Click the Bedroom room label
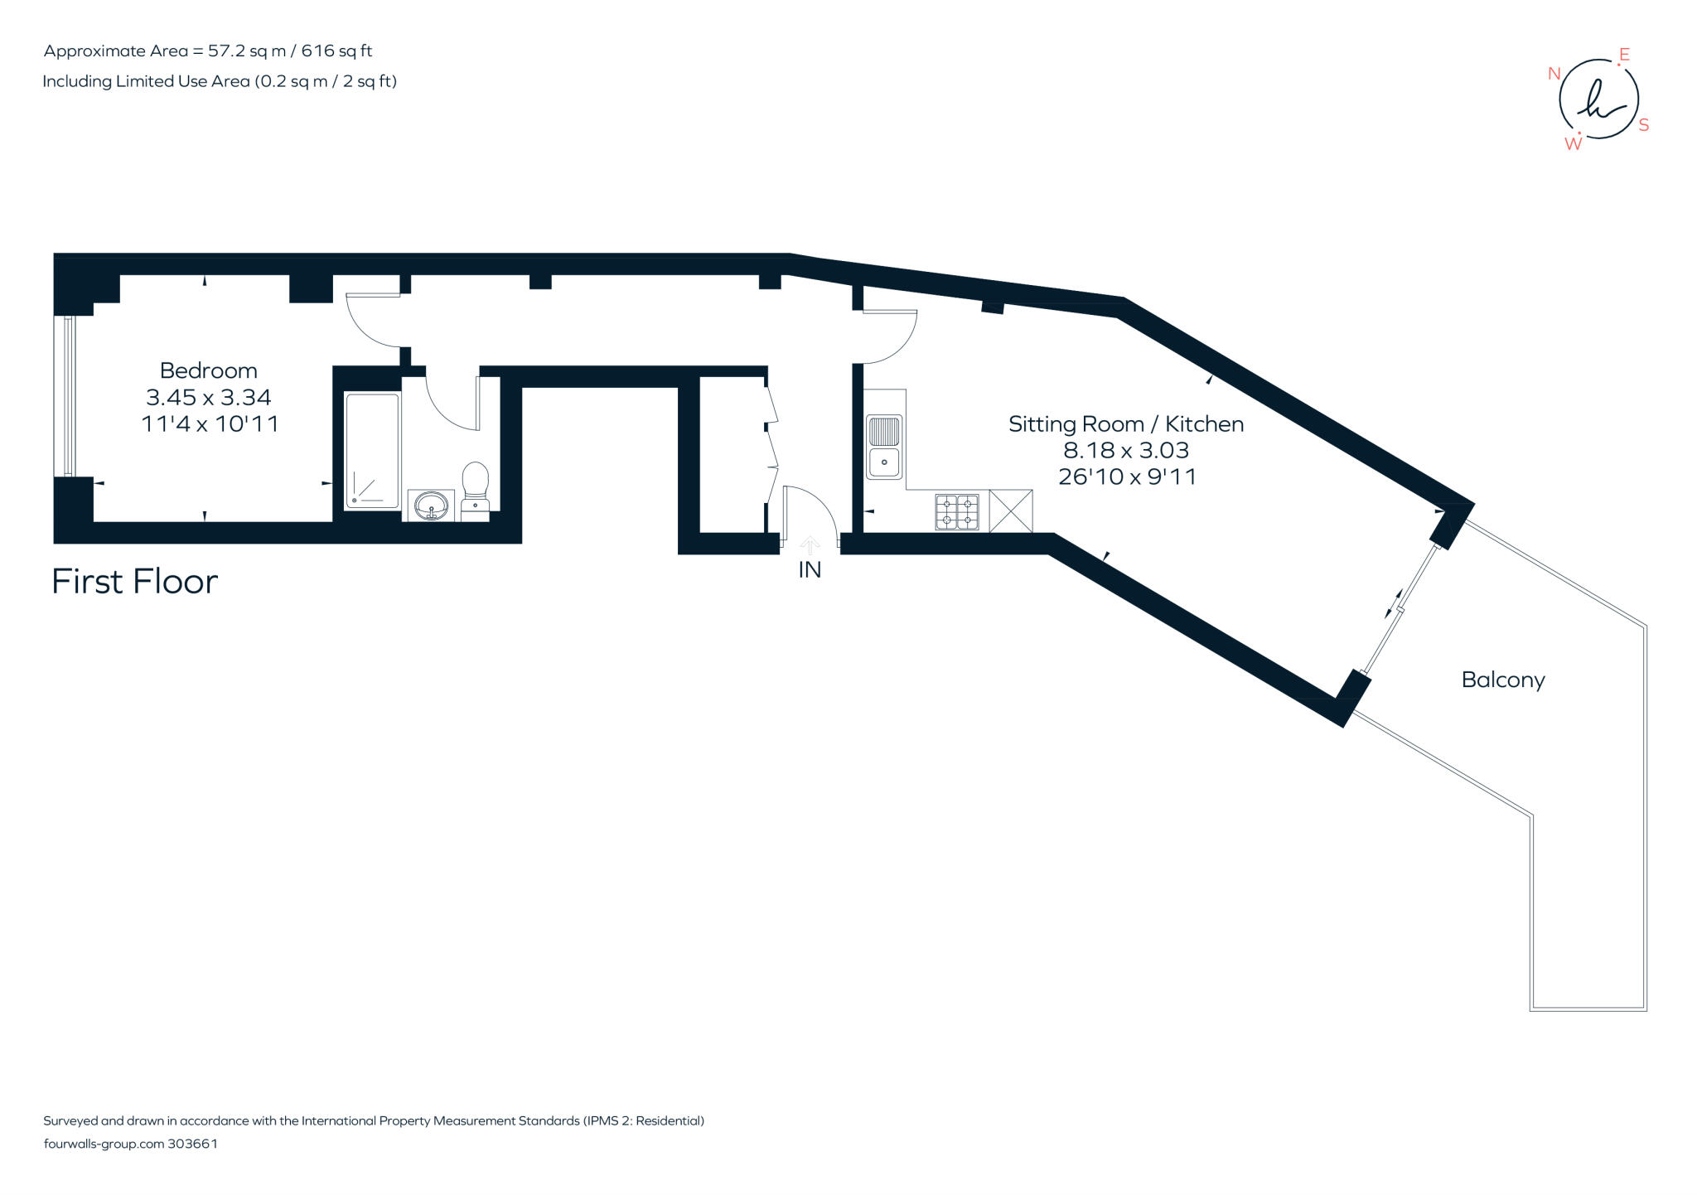pos(208,370)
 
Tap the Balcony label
pos(1502,680)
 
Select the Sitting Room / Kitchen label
pos(1125,424)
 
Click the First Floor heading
pos(134,582)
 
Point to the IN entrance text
pos(810,570)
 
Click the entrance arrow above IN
pos(810,545)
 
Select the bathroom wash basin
pos(431,505)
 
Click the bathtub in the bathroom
pos(372,452)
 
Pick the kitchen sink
pos(884,447)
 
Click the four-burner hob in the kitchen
pos(957,511)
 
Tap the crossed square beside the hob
pos(1011,511)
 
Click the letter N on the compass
pos(1554,74)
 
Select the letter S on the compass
pos(1644,125)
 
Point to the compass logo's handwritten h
pos(1598,100)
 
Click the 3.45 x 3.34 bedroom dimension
pos(208,397)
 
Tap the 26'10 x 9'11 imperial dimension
pos(1127,477)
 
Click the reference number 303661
pos(192,1144)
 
